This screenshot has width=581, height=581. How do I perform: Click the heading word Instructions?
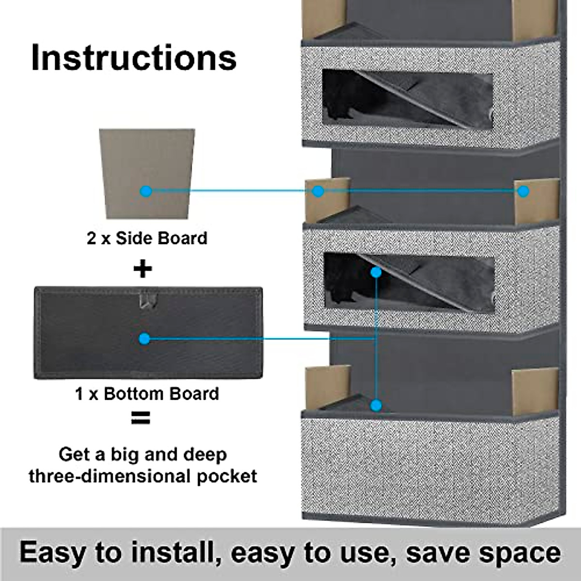point(134,58)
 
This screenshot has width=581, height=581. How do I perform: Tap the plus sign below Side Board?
point(142,269)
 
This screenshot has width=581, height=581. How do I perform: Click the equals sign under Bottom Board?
point(140,418)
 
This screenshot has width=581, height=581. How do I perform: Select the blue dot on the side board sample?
point(145,191)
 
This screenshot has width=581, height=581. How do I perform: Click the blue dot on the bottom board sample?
point(144,339)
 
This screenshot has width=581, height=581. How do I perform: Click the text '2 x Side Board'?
point(147,238)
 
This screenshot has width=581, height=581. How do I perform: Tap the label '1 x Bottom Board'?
point(147,394)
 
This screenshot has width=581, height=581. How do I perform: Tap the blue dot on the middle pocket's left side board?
point(318,191)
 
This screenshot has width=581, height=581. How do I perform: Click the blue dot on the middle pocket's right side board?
point(523,191)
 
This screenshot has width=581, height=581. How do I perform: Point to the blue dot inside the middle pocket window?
point(376,272)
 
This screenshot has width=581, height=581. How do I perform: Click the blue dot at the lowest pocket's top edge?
point(376,405)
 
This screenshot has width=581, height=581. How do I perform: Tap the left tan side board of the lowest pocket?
point(327,387)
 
